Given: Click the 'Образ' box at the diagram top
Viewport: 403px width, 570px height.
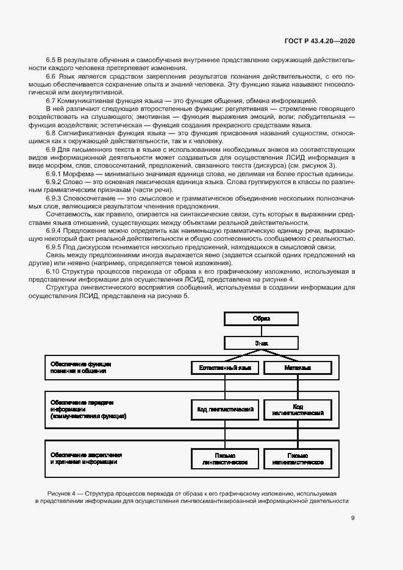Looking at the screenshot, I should pyautogui.click(x=262, y=319).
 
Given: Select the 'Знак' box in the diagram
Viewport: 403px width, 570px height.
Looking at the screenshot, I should pyautogui.click(x=262, y=343).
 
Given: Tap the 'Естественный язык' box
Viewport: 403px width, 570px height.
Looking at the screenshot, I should pyautogui.click(x=226, y=368).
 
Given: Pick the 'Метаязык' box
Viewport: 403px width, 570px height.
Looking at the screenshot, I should pyautogui.click(x=298, y=368).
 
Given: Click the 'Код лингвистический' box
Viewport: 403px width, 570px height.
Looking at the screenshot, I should pyautogui.click(x=226, y=409).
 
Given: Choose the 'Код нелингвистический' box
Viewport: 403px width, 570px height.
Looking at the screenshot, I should pyautogui.click(x=298, y=409).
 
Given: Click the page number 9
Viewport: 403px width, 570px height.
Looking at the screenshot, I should pyautogui.click(x=353, y=519).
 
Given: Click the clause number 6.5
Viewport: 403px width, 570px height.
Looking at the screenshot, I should pyautogui.click(x=51, y=60).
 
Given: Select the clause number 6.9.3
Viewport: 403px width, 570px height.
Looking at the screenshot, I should pyautogui.click(x=55, y=199).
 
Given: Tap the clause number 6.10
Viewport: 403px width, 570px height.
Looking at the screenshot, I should pyautogui.click(x=53, y=271).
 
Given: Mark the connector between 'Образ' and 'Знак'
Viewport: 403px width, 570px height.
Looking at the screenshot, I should pyautogui.click(x=262, y=331).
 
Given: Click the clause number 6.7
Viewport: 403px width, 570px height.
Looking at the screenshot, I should pyautogui.click(x=51, y=100).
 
